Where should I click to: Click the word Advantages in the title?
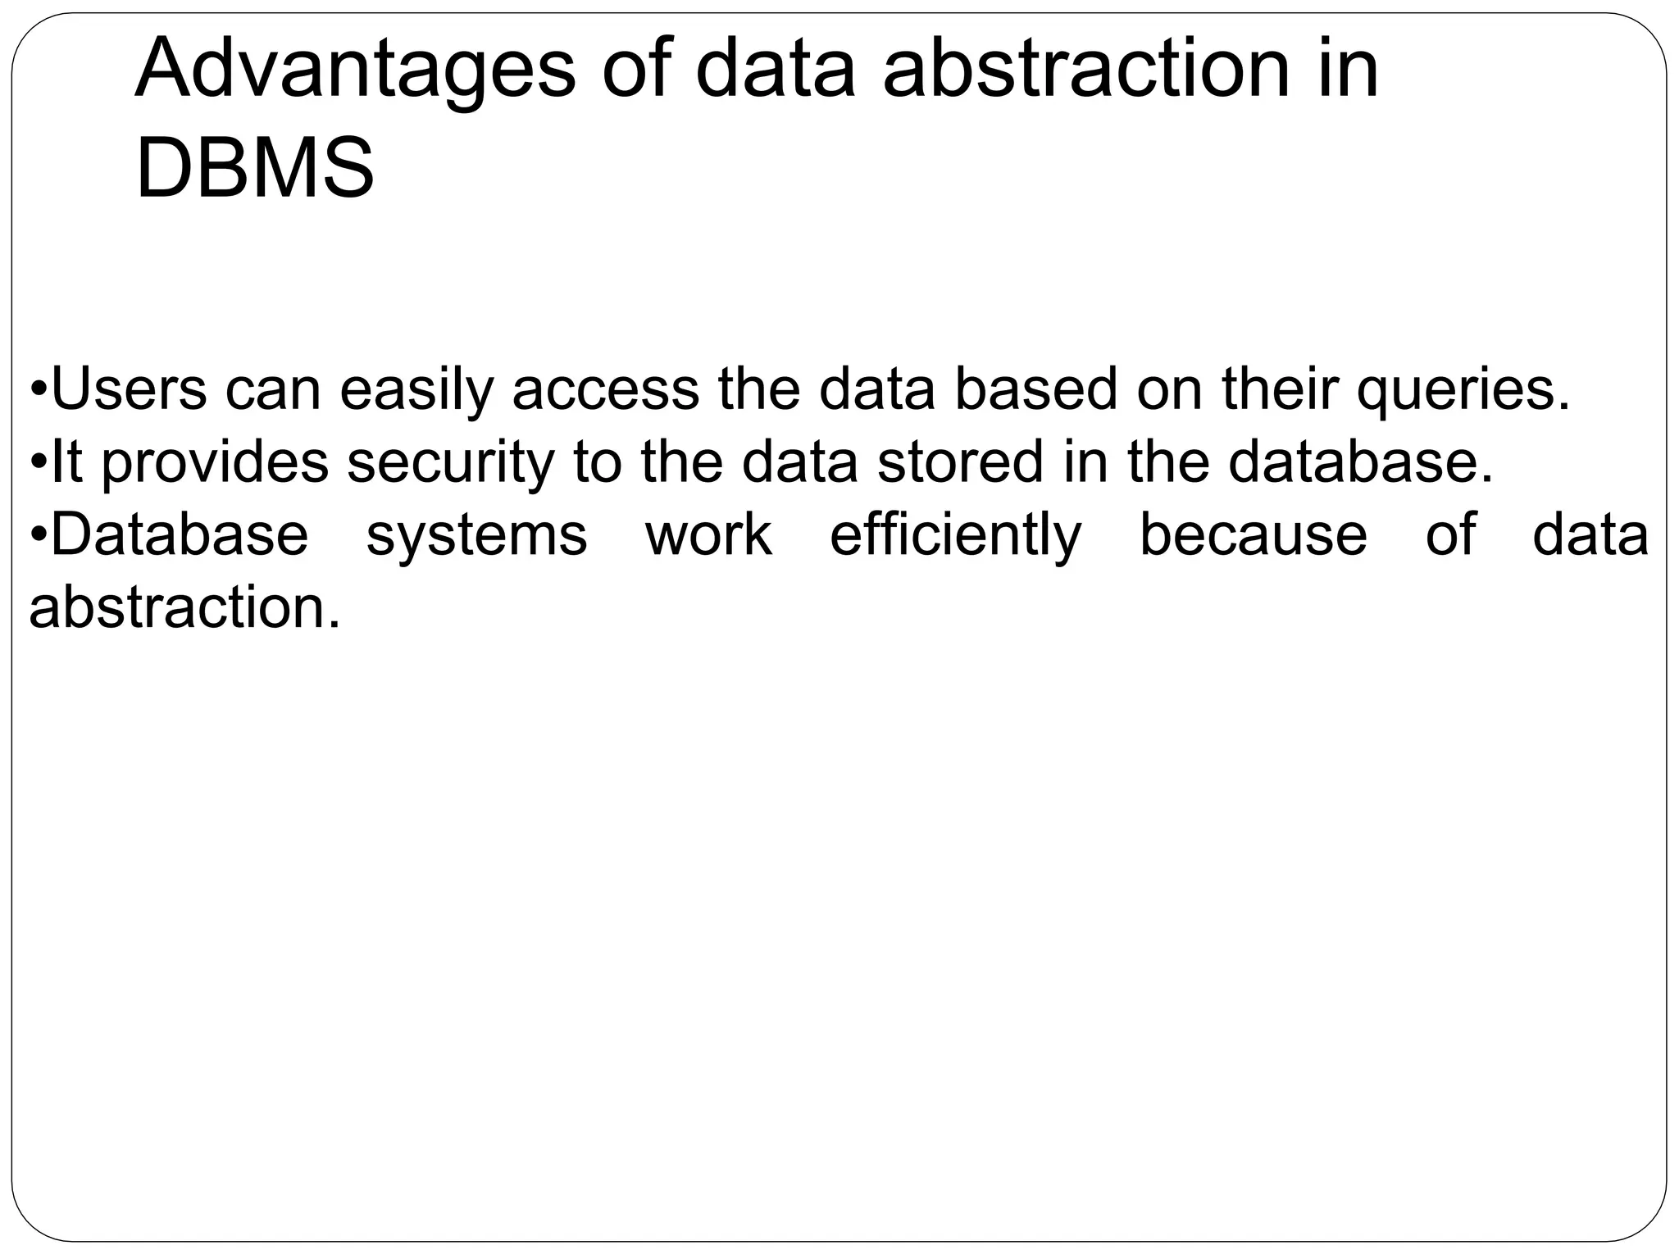pos(356,70)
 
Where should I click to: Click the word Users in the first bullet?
pos(129,389)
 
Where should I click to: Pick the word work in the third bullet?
pos(708,535)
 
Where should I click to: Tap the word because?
pos(1254,535)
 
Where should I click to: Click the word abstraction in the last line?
pos(184,608)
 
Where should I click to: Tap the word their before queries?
pos(1280,389)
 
